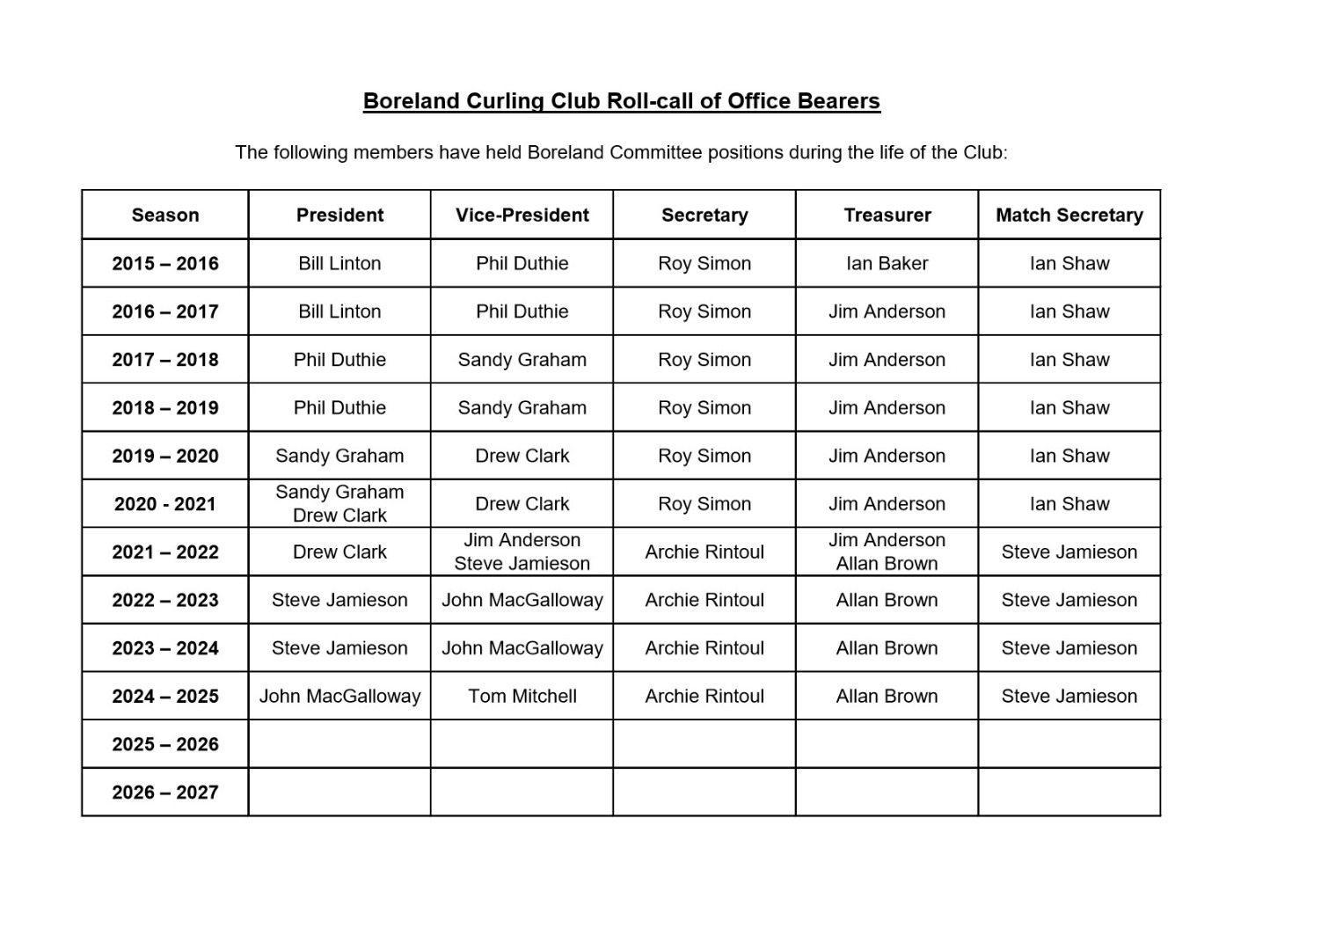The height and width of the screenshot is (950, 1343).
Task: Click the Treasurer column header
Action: (887, 215)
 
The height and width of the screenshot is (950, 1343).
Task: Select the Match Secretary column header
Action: (1069, 215)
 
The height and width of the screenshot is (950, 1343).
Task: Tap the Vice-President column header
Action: (522, 215)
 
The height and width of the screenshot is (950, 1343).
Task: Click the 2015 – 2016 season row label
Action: (165, 263)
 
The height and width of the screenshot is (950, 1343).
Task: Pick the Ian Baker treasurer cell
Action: (887, 263)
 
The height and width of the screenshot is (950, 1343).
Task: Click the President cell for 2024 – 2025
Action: (339, 696)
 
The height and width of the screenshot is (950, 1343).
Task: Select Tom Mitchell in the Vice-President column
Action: (522, 696)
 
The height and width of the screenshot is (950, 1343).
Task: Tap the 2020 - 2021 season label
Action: (165, 504)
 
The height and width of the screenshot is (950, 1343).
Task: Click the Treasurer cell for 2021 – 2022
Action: (887, 552)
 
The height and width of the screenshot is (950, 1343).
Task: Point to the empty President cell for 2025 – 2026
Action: (339, 744)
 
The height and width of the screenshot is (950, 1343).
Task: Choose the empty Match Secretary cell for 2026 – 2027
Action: (1069, 792)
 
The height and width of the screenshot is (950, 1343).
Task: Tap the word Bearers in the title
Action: (838, 101)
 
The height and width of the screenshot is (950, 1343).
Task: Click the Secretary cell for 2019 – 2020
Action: (704, 456)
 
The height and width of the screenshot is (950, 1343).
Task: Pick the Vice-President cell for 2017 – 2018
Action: (522, 360)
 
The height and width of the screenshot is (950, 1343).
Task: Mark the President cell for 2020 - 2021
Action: (339, 504)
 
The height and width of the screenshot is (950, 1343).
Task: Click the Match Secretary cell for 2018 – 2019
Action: (1069, 407)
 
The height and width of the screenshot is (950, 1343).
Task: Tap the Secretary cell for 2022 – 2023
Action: (704, 600)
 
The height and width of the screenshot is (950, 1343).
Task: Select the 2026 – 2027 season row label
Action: (165, 792)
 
